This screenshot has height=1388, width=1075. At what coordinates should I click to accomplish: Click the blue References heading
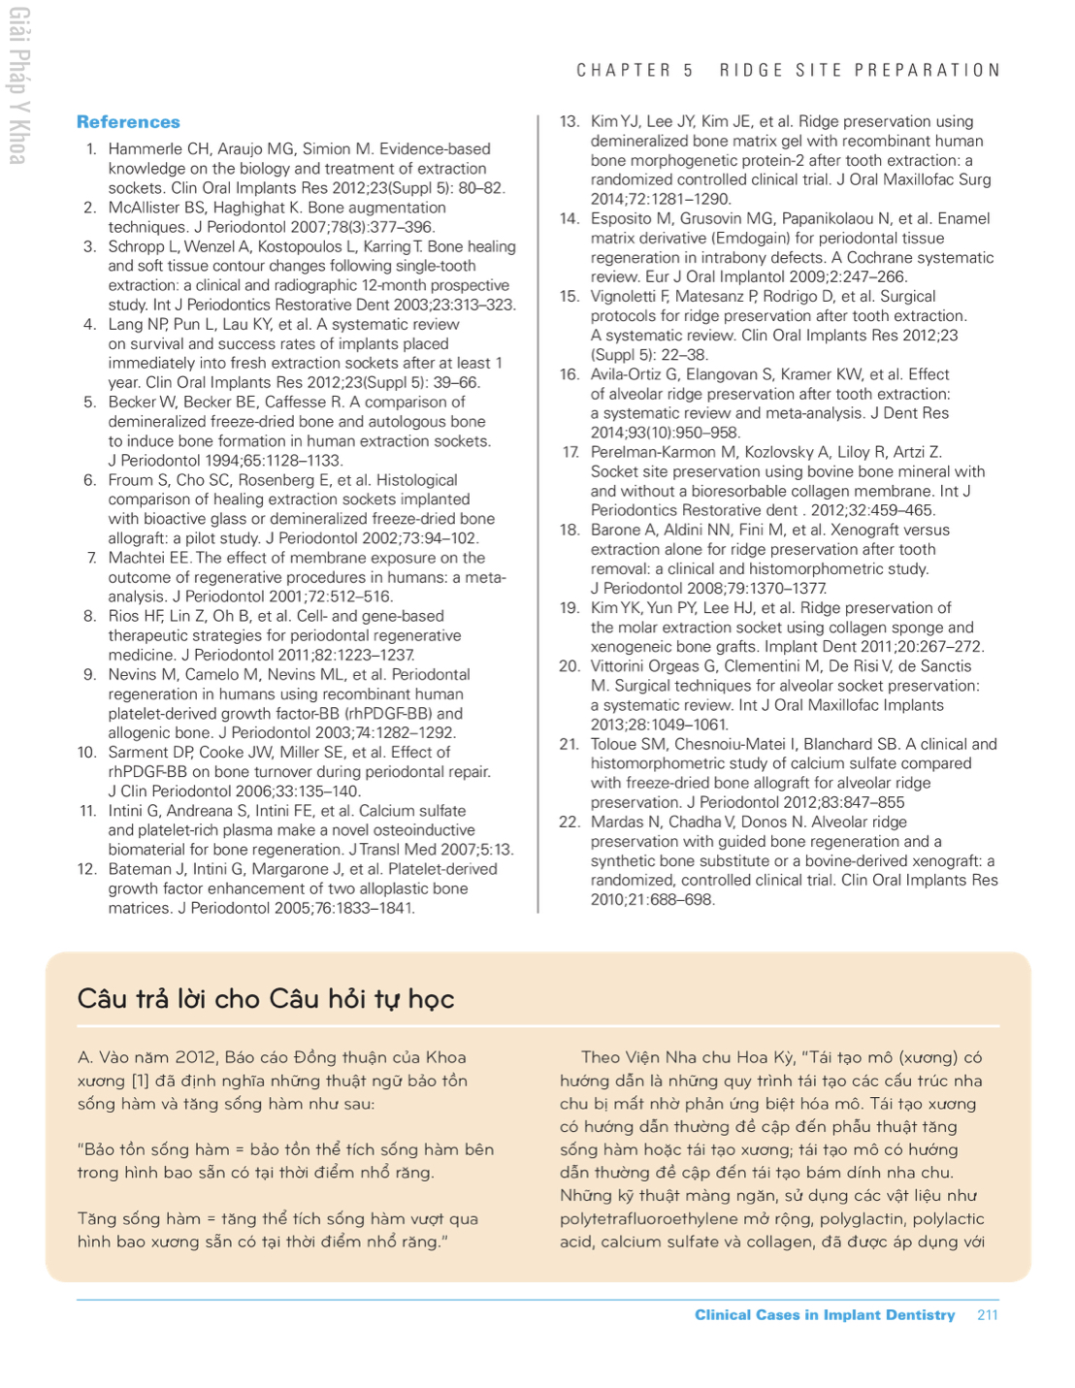point(128,122)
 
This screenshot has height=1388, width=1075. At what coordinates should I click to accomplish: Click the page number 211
point(987,1315)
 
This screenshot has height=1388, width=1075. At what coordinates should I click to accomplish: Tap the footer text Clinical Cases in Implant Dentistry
point(824,1315)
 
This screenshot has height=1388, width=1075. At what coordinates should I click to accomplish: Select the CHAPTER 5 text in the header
point(635,71)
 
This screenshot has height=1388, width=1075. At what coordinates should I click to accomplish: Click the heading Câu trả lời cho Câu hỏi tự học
point(265,999)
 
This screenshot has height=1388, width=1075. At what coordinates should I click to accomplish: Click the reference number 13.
point(570,122)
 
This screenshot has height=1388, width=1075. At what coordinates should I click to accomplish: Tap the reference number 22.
point(570,823)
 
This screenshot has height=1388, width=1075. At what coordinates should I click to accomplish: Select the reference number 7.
point(91,558)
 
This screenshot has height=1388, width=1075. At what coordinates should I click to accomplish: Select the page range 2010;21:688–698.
point(652,900)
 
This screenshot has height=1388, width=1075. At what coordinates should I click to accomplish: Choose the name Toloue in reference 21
point(616,745)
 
